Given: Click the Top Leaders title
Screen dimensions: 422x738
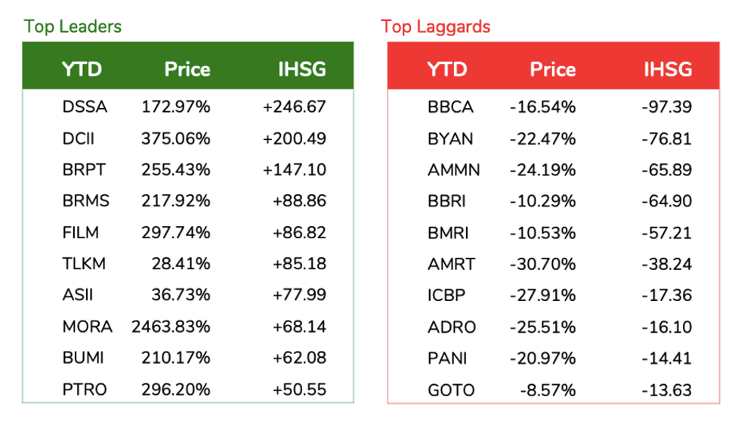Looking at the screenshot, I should [x=73, y=26].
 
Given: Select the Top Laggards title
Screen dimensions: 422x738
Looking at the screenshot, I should [x=436, y=26].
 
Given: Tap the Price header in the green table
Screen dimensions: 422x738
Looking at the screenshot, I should [x=187, y=70].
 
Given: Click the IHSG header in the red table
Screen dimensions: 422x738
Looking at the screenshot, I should [x=668, y=70].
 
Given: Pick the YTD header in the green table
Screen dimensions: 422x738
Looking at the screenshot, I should [x=82, y=70].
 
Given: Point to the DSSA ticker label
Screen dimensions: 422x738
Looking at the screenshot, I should [x=85, y=107].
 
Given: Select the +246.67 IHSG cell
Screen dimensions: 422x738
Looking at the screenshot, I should [x=295, y=107].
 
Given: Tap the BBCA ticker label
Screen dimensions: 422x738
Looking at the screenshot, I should [x=450, y=107].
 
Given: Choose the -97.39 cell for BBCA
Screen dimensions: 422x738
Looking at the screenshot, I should [x=667, y=107].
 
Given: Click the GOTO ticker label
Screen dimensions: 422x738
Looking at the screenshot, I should [x=451, y=390].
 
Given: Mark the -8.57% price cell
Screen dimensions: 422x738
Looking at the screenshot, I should [x=548, y=390].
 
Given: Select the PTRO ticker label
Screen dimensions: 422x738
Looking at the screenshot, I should [x=85, y=390].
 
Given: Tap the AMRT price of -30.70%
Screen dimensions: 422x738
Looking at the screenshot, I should [x=542, y=264].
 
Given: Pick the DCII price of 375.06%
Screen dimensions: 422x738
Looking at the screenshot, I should [x=175, y=138].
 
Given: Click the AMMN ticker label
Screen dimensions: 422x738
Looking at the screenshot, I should [x=453, y=169].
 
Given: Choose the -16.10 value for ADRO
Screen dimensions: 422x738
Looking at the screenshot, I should [x=667, y=327].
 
